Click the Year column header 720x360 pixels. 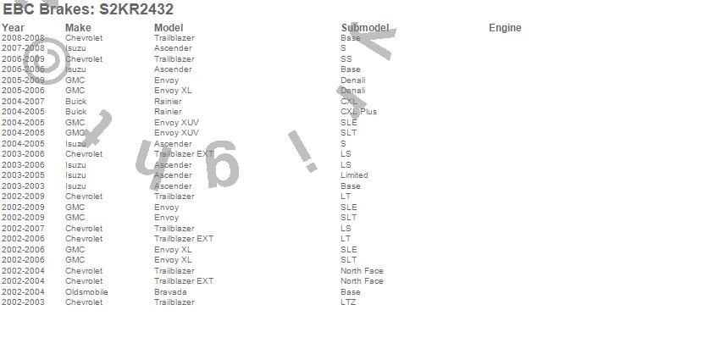tap(13, 28)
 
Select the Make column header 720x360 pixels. tap(78, 28)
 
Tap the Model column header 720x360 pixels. tap(169, 28)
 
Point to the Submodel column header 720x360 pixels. tap(364, 28)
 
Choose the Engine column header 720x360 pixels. tap(505, 28)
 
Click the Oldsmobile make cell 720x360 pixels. tap(86, 292)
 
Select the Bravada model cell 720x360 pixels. tap(170, 292)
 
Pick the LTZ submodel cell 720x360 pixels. tap(348, 302)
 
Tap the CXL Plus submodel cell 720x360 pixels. tap(358, 112)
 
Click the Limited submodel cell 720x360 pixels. tap(354, 175)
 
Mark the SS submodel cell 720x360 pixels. tap(346, 59)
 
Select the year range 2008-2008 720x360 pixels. tap(23, 38)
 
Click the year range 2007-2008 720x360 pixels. tap(23, 48)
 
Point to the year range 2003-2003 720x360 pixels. tap(23, 186)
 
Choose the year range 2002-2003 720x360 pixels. tap(23, 302)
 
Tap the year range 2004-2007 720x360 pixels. tap(23, 102)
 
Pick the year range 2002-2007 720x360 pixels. tap(23, 229)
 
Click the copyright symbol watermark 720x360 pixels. tap(47, 63)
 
